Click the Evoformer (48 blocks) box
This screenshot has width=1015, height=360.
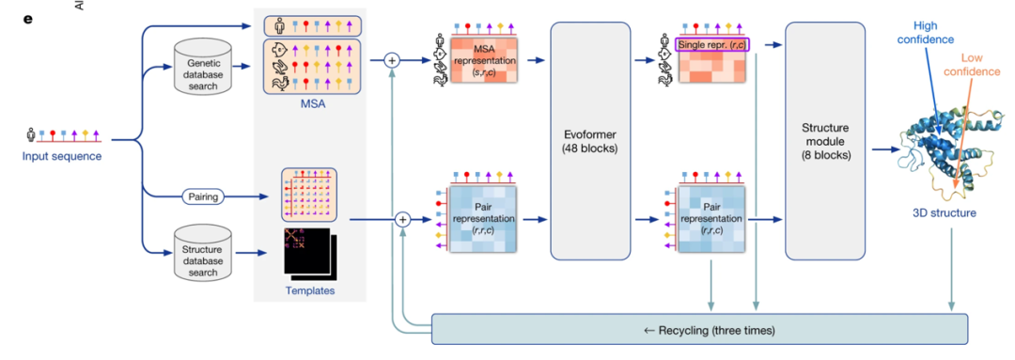click(x=590, y=140)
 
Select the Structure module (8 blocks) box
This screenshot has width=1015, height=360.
click(x=825, y=140)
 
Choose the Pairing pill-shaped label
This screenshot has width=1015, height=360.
click(x=203, y=195)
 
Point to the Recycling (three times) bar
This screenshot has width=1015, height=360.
click(x=699, y=330)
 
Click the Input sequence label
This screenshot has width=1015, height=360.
click(x=61, y=156)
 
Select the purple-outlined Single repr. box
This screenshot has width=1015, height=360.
click(x=712, y=45)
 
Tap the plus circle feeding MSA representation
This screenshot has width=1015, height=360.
click(x=392, y=61)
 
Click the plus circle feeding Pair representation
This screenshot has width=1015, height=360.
click(x=402, y=220)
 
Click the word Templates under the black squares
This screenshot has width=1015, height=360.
click(x=310, y=290)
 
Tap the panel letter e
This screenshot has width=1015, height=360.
click(x=27, y=18)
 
